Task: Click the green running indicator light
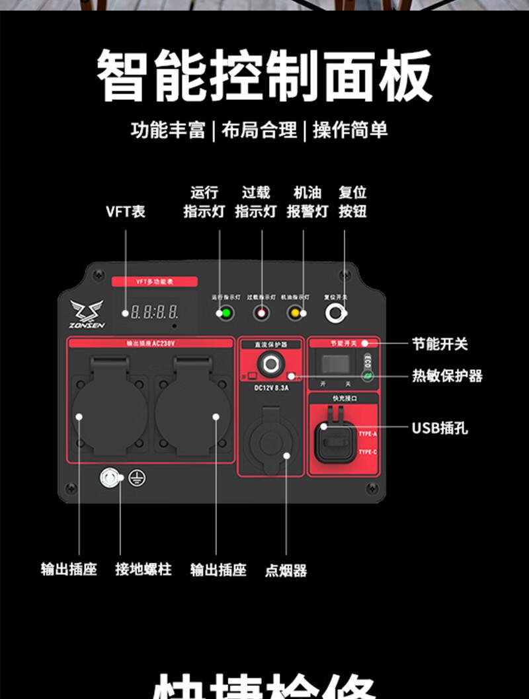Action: coord(225,313)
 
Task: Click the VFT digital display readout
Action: coord(154,312)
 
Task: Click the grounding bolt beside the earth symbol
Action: coord(111,478)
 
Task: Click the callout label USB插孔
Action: coord(440,428)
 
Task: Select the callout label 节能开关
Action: coord(440,344)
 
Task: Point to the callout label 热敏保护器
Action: coord(448,376)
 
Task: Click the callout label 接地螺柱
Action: coord(143,569)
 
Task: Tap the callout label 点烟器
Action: coord(286,571)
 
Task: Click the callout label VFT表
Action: coord(125,211)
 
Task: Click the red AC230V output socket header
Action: coord(150,344)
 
